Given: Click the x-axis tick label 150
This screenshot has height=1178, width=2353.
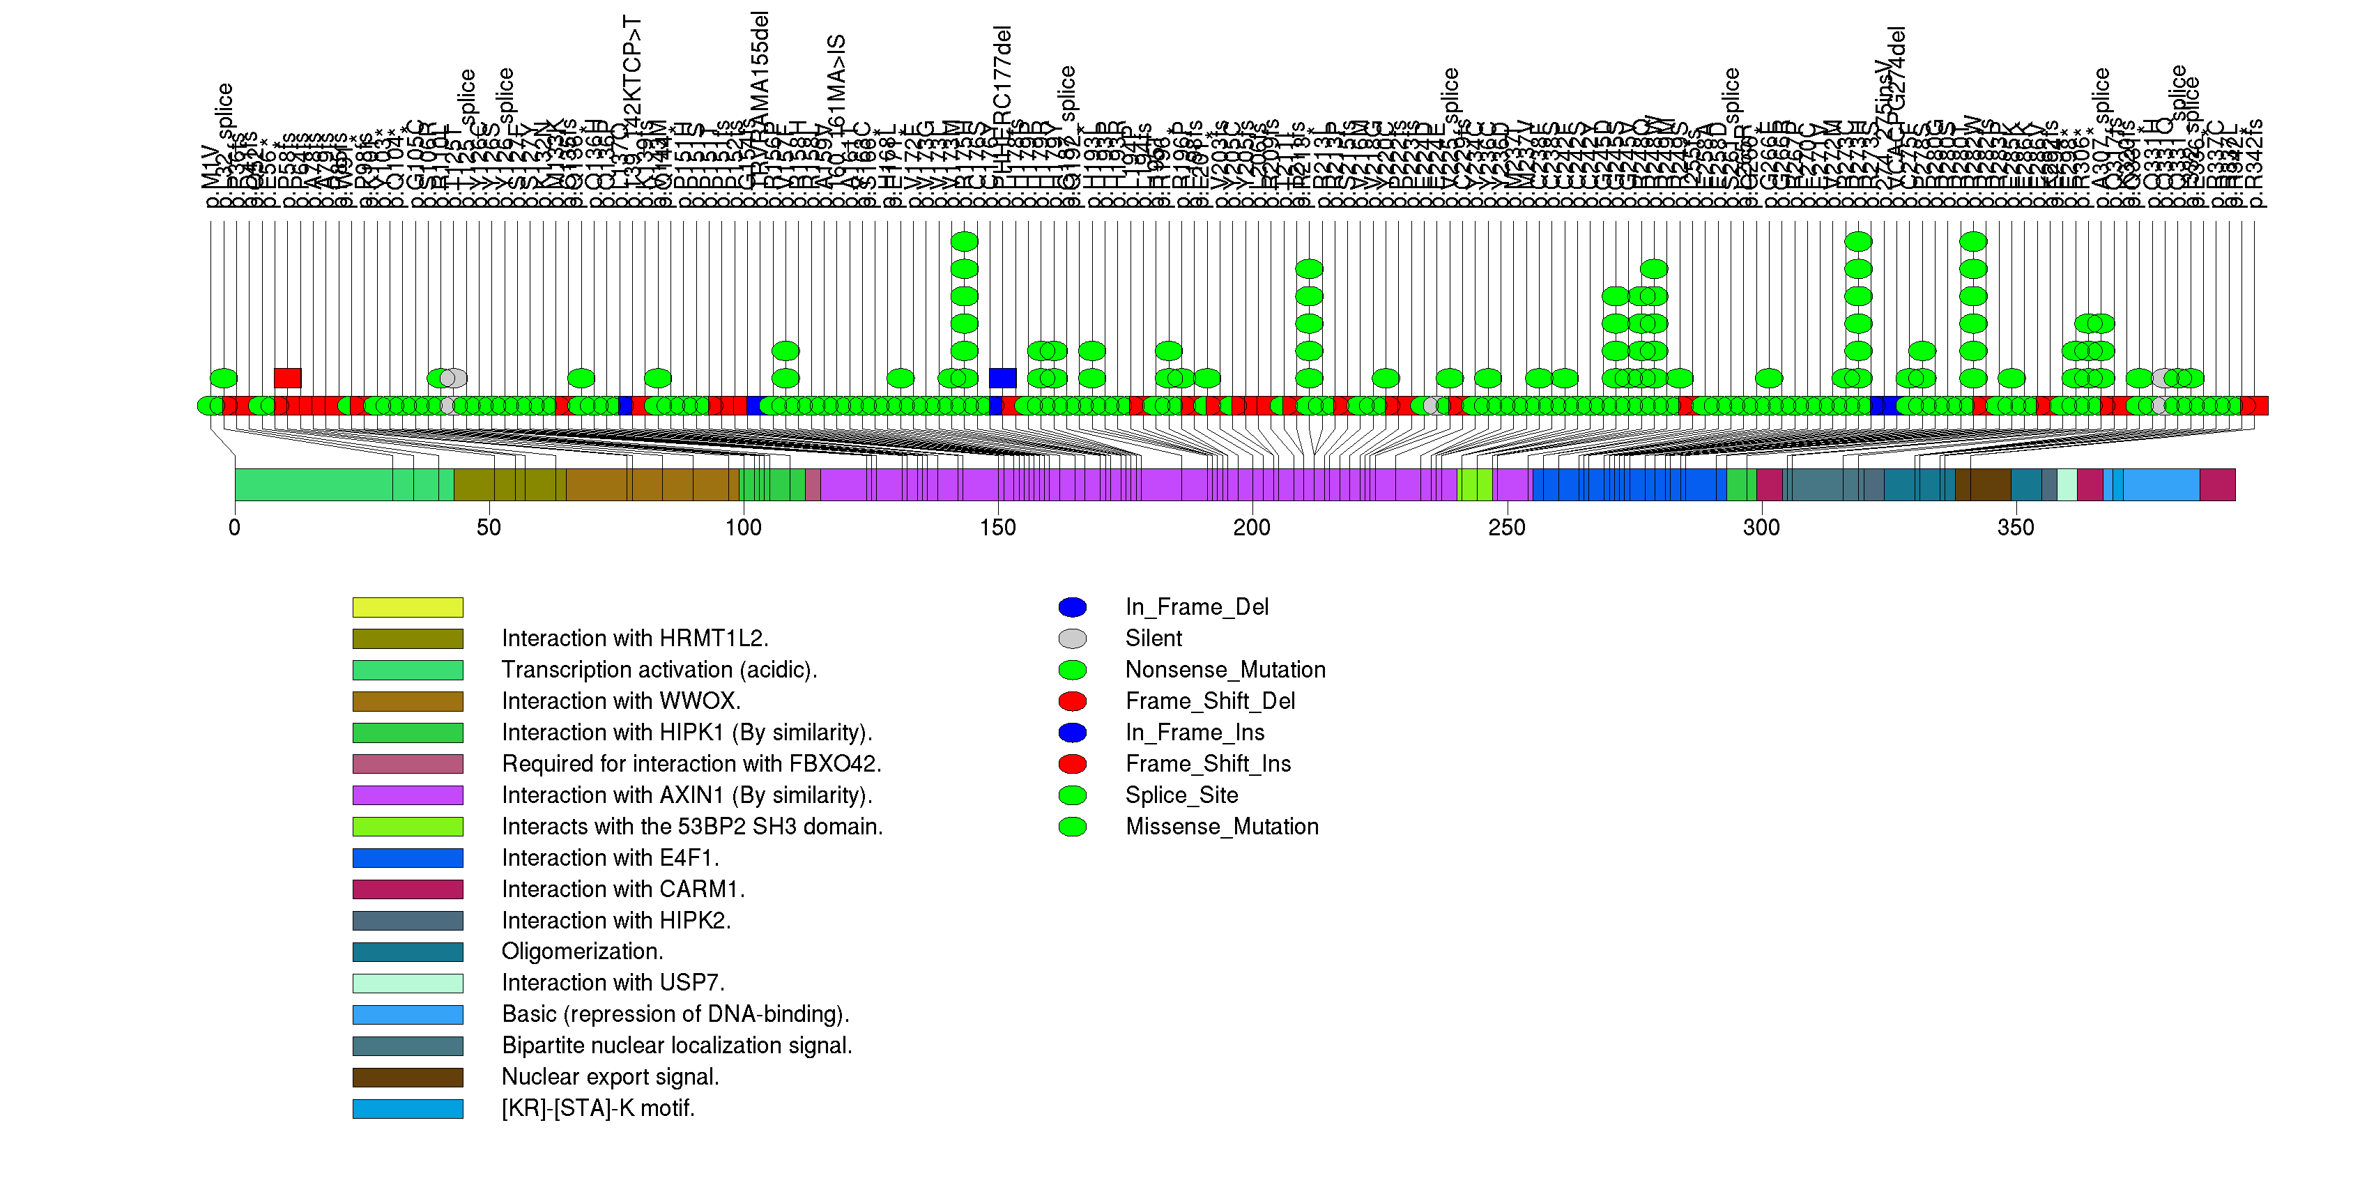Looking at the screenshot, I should [x=997, y=528].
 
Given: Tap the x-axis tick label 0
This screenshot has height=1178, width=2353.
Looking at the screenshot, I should [x=235, y=528].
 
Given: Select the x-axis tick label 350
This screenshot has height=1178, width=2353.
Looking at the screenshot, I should [x=2015, y=528].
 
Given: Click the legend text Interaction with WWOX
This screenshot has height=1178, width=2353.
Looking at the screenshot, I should [x=621, y=701].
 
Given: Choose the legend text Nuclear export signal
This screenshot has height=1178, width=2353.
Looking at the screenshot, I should [x=610, y=1077].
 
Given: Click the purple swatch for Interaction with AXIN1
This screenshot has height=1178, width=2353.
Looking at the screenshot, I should [x=408, y=795].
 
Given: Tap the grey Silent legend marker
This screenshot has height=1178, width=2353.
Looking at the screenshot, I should [x=1073, y=638].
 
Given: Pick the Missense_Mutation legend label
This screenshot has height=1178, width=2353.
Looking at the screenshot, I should [x=1221, y=827].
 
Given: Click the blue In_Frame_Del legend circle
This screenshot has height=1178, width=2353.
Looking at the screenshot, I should [x=1073, y=607].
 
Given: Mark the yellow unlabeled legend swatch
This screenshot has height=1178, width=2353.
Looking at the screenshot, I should [x=408, y=607].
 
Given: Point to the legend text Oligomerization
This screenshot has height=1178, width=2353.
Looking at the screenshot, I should [x=582, y=951].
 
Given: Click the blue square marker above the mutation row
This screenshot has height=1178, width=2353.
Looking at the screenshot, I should [x=1002, y=378].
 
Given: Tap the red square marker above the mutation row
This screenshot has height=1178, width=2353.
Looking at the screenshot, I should [x=288, y=378].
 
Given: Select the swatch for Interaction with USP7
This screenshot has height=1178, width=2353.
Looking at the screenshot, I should [x=408, y=984].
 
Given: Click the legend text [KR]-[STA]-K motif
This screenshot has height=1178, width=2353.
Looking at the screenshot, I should [x=598, y=1108].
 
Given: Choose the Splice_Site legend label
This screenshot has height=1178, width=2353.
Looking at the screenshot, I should [x=1181, y=795].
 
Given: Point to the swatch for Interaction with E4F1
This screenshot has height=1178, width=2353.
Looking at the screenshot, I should [x=408, y=858].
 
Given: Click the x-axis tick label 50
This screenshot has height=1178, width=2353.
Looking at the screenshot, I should [x=489, y=528].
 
